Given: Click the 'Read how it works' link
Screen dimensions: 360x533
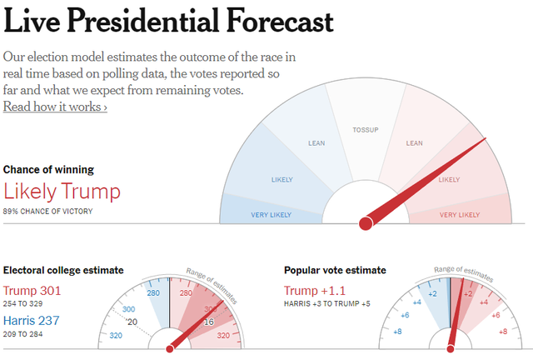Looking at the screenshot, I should pos(55,107).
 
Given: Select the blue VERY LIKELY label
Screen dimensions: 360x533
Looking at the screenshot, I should pos(271,215).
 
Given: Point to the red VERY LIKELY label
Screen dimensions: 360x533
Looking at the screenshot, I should pos(460,215).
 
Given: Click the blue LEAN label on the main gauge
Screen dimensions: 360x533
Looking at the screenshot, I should pos(317,143).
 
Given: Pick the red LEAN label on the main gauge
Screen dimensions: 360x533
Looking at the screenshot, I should pos(414,143).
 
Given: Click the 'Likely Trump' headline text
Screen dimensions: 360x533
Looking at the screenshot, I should pos(62,192).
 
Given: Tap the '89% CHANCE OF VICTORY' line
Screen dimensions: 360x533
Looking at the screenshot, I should pos(48,212).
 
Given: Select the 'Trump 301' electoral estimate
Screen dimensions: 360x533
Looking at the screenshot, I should pos(33,291).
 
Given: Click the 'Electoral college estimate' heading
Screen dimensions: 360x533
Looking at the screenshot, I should pos(63,270).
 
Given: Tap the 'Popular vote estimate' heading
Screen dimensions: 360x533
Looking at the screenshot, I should pos(335,270).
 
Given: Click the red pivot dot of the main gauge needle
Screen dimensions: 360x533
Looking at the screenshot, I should pos(365,223).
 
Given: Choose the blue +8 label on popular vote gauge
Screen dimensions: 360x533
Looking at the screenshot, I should pos(397,332).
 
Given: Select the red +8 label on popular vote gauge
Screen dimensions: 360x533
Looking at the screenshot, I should pos(502,332).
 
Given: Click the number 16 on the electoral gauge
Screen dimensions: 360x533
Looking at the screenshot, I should pos(208,322).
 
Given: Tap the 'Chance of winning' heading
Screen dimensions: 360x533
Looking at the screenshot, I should pos(48,169).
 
